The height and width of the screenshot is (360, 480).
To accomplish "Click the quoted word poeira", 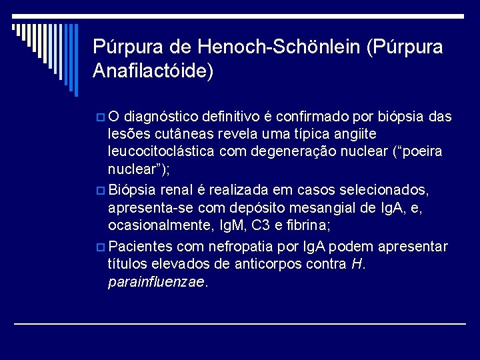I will pos(419,151).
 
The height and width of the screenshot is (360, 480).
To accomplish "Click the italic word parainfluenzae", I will pos(157,281).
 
